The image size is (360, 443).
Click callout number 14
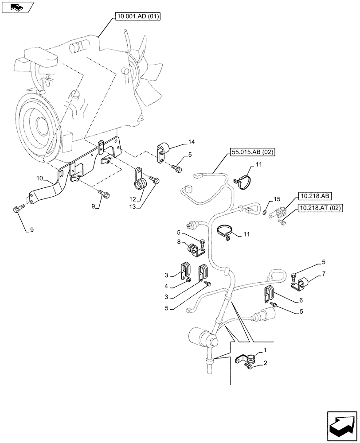(191, 142)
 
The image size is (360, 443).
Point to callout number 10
(39, 178)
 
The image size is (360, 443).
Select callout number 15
(276, 199)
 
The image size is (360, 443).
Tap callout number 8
(180, 242)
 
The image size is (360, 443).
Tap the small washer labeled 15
(265, 212)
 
